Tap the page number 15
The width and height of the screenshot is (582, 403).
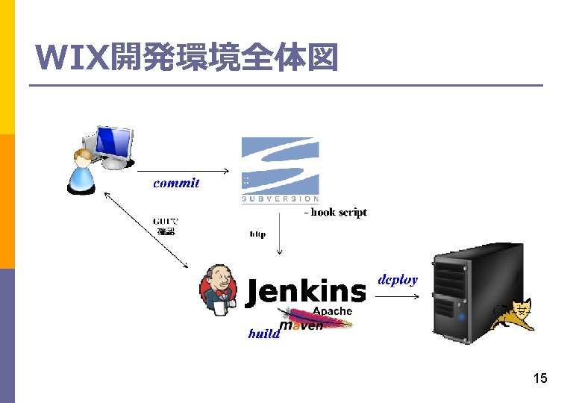click(x=540, y=378)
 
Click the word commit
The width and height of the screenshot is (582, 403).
click(x=176, y=183)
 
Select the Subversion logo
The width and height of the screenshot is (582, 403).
click(x=280, y=169)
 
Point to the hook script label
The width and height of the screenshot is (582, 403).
click(x=335, y=213)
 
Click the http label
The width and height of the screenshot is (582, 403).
click(x=257, y=234)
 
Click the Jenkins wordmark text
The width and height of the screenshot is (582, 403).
click(x=306, y=292)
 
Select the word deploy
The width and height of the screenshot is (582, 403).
click(x=398, y=280)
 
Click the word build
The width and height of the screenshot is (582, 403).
click(x=263, y=334)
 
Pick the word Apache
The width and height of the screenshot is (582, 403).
click(x=332, y=311)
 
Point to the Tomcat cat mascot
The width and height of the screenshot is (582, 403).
click(x=515, y=315)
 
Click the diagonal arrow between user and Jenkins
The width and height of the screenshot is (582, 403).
click(x=145, y=229)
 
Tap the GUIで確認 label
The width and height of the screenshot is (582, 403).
click(x=166, y=227)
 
